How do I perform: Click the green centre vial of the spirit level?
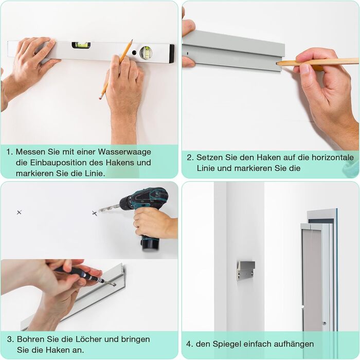tap(81, 45)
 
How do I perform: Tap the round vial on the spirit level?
tap(146, 52)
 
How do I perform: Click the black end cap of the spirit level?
tap(172, 53)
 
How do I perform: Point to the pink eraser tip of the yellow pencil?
tap(100, 98)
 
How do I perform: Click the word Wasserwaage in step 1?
tap(124, 152)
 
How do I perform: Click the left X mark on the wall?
tap(20, 212)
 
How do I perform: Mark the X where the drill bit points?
tap(95, 213)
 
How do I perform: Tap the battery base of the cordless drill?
tap(151, 243)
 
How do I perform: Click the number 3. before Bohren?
tap(11, 339)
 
